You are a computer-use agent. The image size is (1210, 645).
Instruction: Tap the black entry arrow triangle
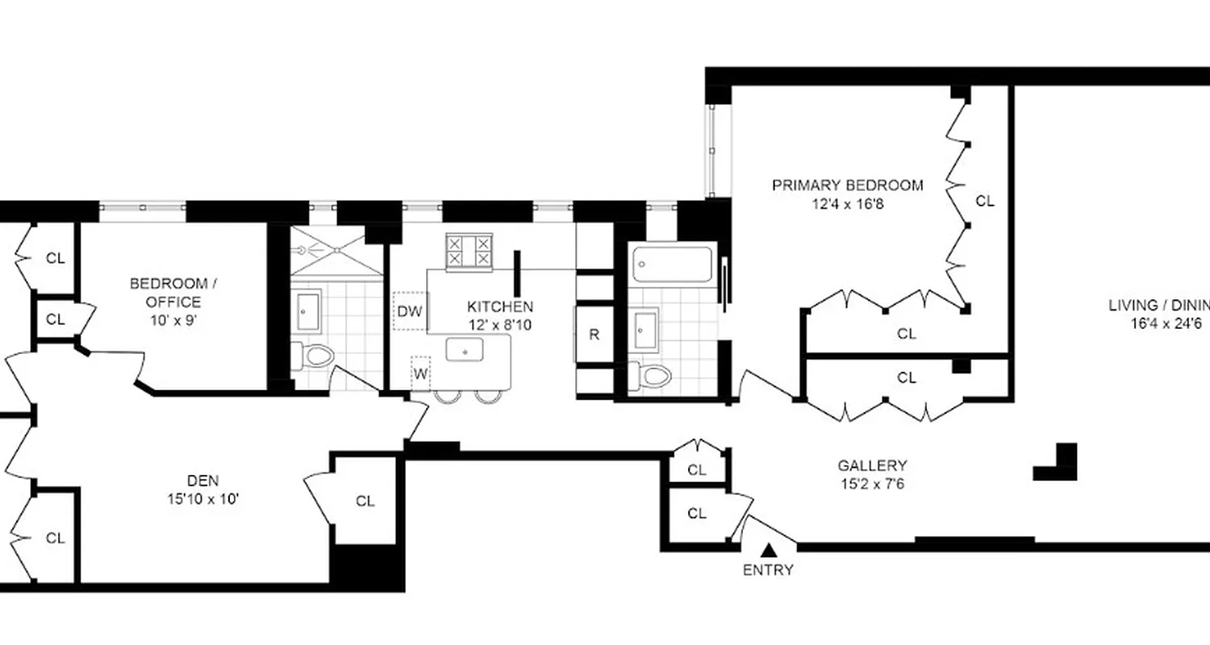coord(770,551)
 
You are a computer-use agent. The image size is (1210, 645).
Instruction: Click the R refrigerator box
coord(594,335)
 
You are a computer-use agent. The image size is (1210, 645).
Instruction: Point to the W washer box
coord(420,373)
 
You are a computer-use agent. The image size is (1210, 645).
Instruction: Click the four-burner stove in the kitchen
coord(469,249)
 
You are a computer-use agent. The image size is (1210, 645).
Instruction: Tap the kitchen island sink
coord(465,351)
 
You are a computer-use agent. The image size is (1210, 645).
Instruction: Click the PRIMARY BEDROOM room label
coord(848,185)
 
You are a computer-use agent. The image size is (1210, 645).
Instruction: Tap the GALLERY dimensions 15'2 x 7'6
coord(872,484)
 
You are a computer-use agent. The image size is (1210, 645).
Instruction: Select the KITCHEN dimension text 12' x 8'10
coord(500,325)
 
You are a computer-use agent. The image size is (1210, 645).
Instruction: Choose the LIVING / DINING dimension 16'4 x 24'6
coord(1170,324)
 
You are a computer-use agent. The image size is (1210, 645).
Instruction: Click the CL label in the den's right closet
coord(365,501)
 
